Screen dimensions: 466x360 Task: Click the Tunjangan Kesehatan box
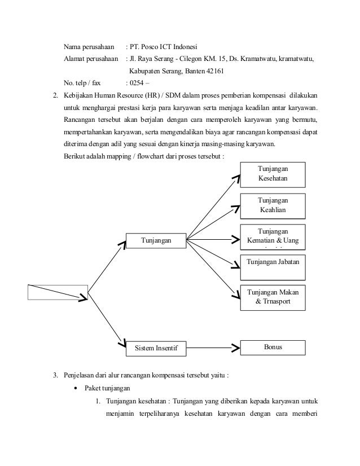[x=273, y=174]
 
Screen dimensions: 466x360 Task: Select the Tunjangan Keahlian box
[x=273, y=205]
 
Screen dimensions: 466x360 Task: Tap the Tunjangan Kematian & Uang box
[x=273, y=237]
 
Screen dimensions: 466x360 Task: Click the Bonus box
[x=273, y=347]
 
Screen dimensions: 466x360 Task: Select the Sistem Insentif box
[x=155, y=349]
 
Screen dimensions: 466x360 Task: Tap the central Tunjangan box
[x=155, y=241]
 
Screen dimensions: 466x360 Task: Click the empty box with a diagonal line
[x=58, y=292]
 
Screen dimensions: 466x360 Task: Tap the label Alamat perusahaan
[x=90, y=59]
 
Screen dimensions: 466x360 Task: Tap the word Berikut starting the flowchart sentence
[x=76, y=156]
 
